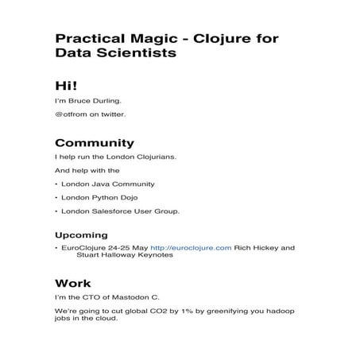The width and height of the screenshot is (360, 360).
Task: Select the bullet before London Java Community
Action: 56,184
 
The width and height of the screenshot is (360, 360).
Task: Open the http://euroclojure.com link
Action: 191,248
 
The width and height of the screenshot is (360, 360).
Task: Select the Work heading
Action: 72,283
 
